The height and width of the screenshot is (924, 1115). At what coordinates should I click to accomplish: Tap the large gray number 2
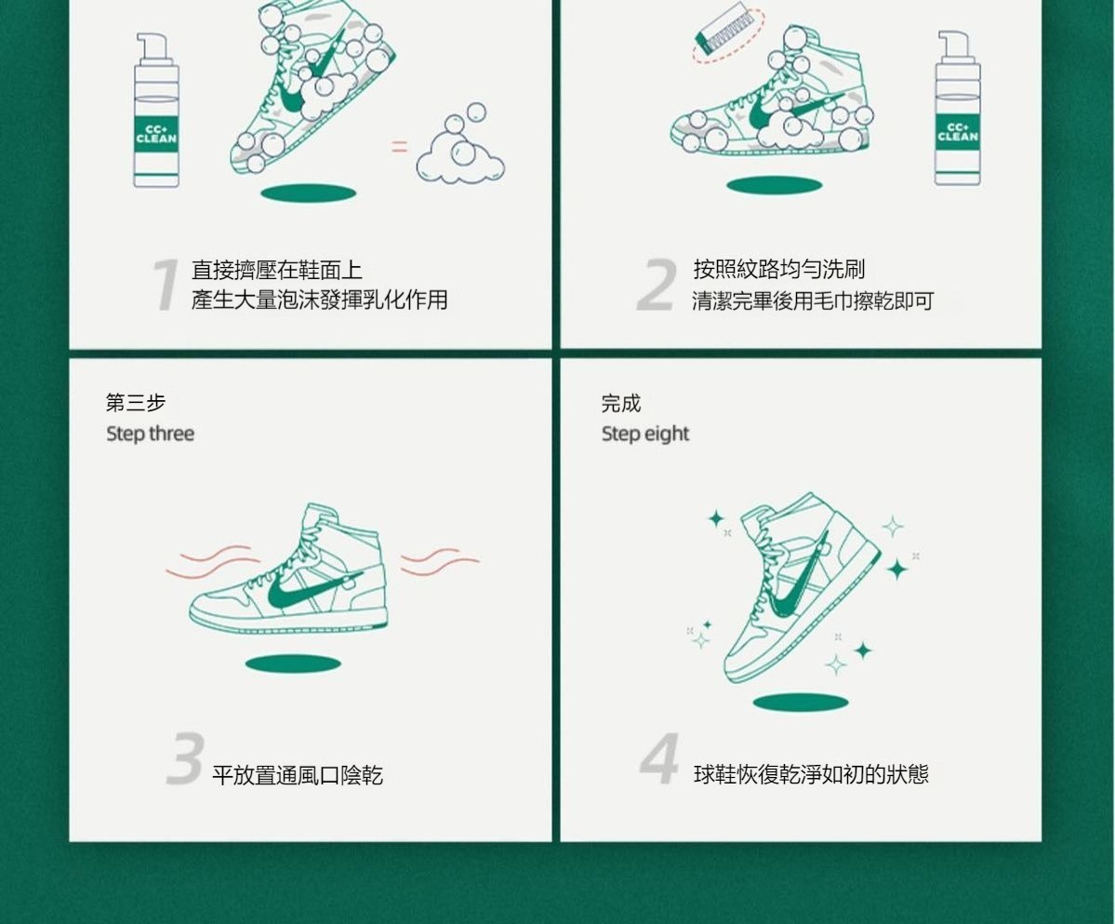pyautogui.click(x=657, y=285)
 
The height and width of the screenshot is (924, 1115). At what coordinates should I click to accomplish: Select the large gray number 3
pyautogui.click(x=186, y=758)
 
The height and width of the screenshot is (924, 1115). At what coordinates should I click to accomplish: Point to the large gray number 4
pyautogui.click(x=659, y=758)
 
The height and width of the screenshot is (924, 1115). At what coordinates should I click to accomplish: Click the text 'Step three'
pyautogui.click(x=150, y=434)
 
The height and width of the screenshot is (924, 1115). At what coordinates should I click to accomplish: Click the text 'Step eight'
pyautogui.click(x=645, y=434)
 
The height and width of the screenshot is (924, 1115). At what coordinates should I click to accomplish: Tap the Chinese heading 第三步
pyautogui.click(x=136, y=403)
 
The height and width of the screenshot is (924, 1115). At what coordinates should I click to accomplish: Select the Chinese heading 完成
pyautogui.click(x=621, y=403)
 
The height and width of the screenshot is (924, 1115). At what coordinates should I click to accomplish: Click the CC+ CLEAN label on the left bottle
pyautogui.click(x=156, y=134)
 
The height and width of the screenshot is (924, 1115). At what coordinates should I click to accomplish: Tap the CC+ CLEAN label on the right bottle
pyautogui.click(x=957, y=132)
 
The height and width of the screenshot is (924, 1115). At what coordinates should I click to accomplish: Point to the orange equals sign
pyautogui.click(x=400, y=146)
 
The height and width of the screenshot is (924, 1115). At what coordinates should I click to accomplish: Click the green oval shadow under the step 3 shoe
pyautogui.click(x=293, y=664)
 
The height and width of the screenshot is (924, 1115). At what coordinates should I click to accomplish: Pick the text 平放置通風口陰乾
pyautogui.click(x=298, y=774)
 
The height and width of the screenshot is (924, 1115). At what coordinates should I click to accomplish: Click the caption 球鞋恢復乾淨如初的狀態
pyautogui.click(x=811, y=774)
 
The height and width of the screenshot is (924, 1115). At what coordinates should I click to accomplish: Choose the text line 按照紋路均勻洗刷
pyautogui.click(x=779, y=269)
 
